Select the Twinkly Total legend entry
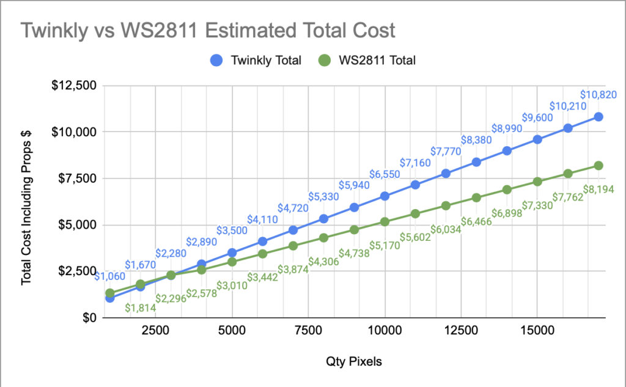(x=256, y=60)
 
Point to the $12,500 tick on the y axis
(x=73, y=85)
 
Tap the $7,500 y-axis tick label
(x=76, y=178)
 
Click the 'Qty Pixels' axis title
(x=354, y=361)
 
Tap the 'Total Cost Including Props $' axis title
(x=27, y=200)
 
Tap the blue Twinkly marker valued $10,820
(x=598, y=117)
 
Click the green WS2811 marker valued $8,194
(x=598, y=166)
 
